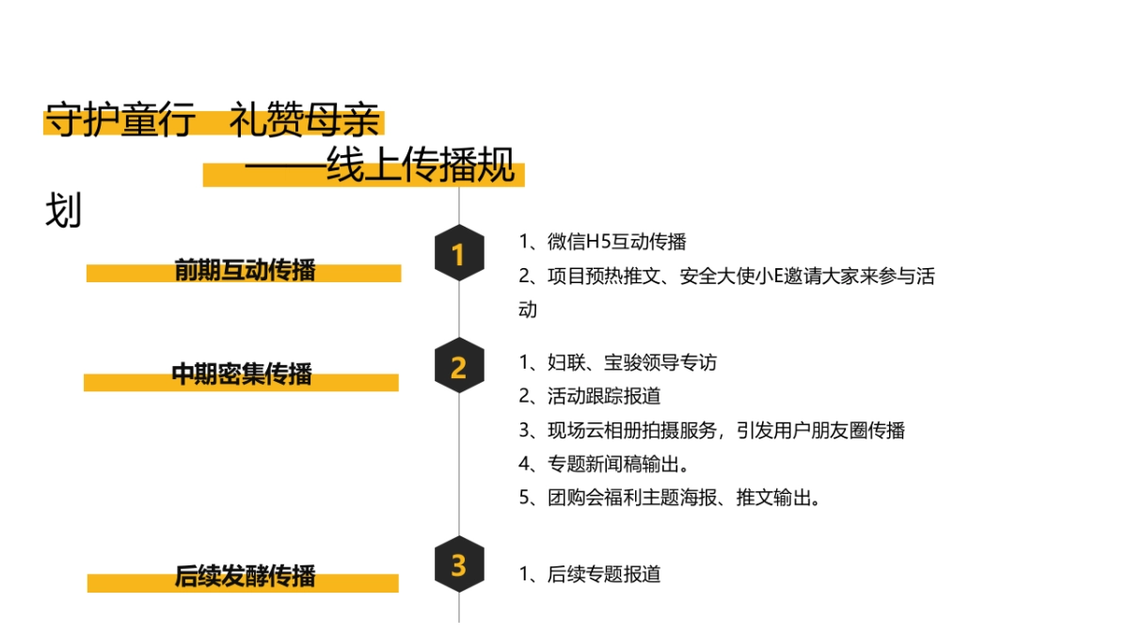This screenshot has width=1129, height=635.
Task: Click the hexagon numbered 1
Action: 459,254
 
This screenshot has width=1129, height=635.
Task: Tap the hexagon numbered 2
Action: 459,366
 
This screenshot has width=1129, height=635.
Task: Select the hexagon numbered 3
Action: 459,565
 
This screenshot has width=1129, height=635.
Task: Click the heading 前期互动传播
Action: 245,270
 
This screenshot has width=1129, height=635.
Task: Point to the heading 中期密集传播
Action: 242,373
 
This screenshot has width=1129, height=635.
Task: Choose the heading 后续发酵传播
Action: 245,575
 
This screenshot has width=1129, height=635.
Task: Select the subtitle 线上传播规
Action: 421,167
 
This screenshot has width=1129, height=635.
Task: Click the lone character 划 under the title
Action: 63,212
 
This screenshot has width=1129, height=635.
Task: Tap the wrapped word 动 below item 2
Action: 528,310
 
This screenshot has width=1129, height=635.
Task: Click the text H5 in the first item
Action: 598,242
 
